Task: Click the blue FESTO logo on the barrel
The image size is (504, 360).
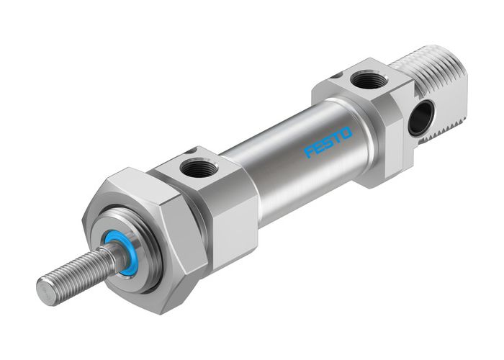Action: pos(328,142)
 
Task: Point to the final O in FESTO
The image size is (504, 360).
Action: pos(347,132)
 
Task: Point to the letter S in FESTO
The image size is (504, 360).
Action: pos(328,142)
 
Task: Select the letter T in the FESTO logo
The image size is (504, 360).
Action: pos(337,138)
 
